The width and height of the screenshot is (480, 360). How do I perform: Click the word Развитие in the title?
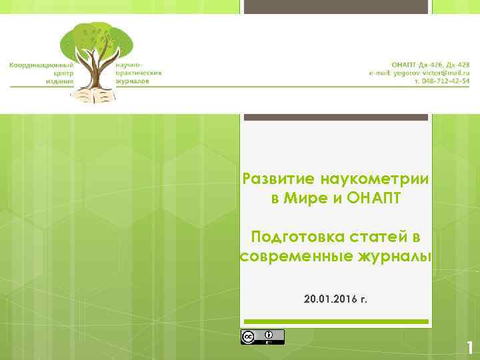coord(279,179)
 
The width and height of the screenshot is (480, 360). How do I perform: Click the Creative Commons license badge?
coord(262,337)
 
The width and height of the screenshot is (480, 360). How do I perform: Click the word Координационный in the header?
coord(41,65)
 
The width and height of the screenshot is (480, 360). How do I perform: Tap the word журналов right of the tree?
coord(132,81)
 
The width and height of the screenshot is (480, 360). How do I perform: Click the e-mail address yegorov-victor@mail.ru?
coord(420,72)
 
